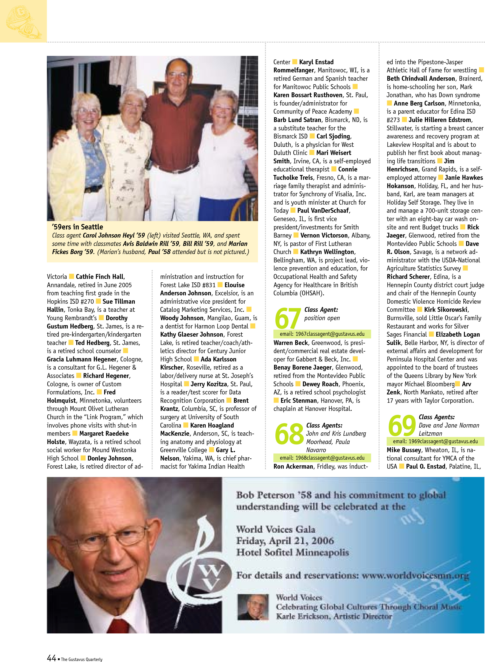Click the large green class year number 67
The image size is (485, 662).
(288, 318)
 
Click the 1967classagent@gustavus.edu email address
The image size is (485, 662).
(322, 334)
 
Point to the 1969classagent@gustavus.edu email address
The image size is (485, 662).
(435, 441)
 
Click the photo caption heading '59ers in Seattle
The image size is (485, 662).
(77, 227)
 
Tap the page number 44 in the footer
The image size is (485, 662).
(51, 658)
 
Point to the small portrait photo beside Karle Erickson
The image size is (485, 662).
(253, 607)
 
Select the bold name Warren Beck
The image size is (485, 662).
(291, 343)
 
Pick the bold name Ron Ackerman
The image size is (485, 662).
(293, 466)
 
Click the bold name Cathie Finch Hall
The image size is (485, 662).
(100, 277)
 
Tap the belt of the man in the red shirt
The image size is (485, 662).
(176, 169)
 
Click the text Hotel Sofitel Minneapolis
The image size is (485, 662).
(292, 553)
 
